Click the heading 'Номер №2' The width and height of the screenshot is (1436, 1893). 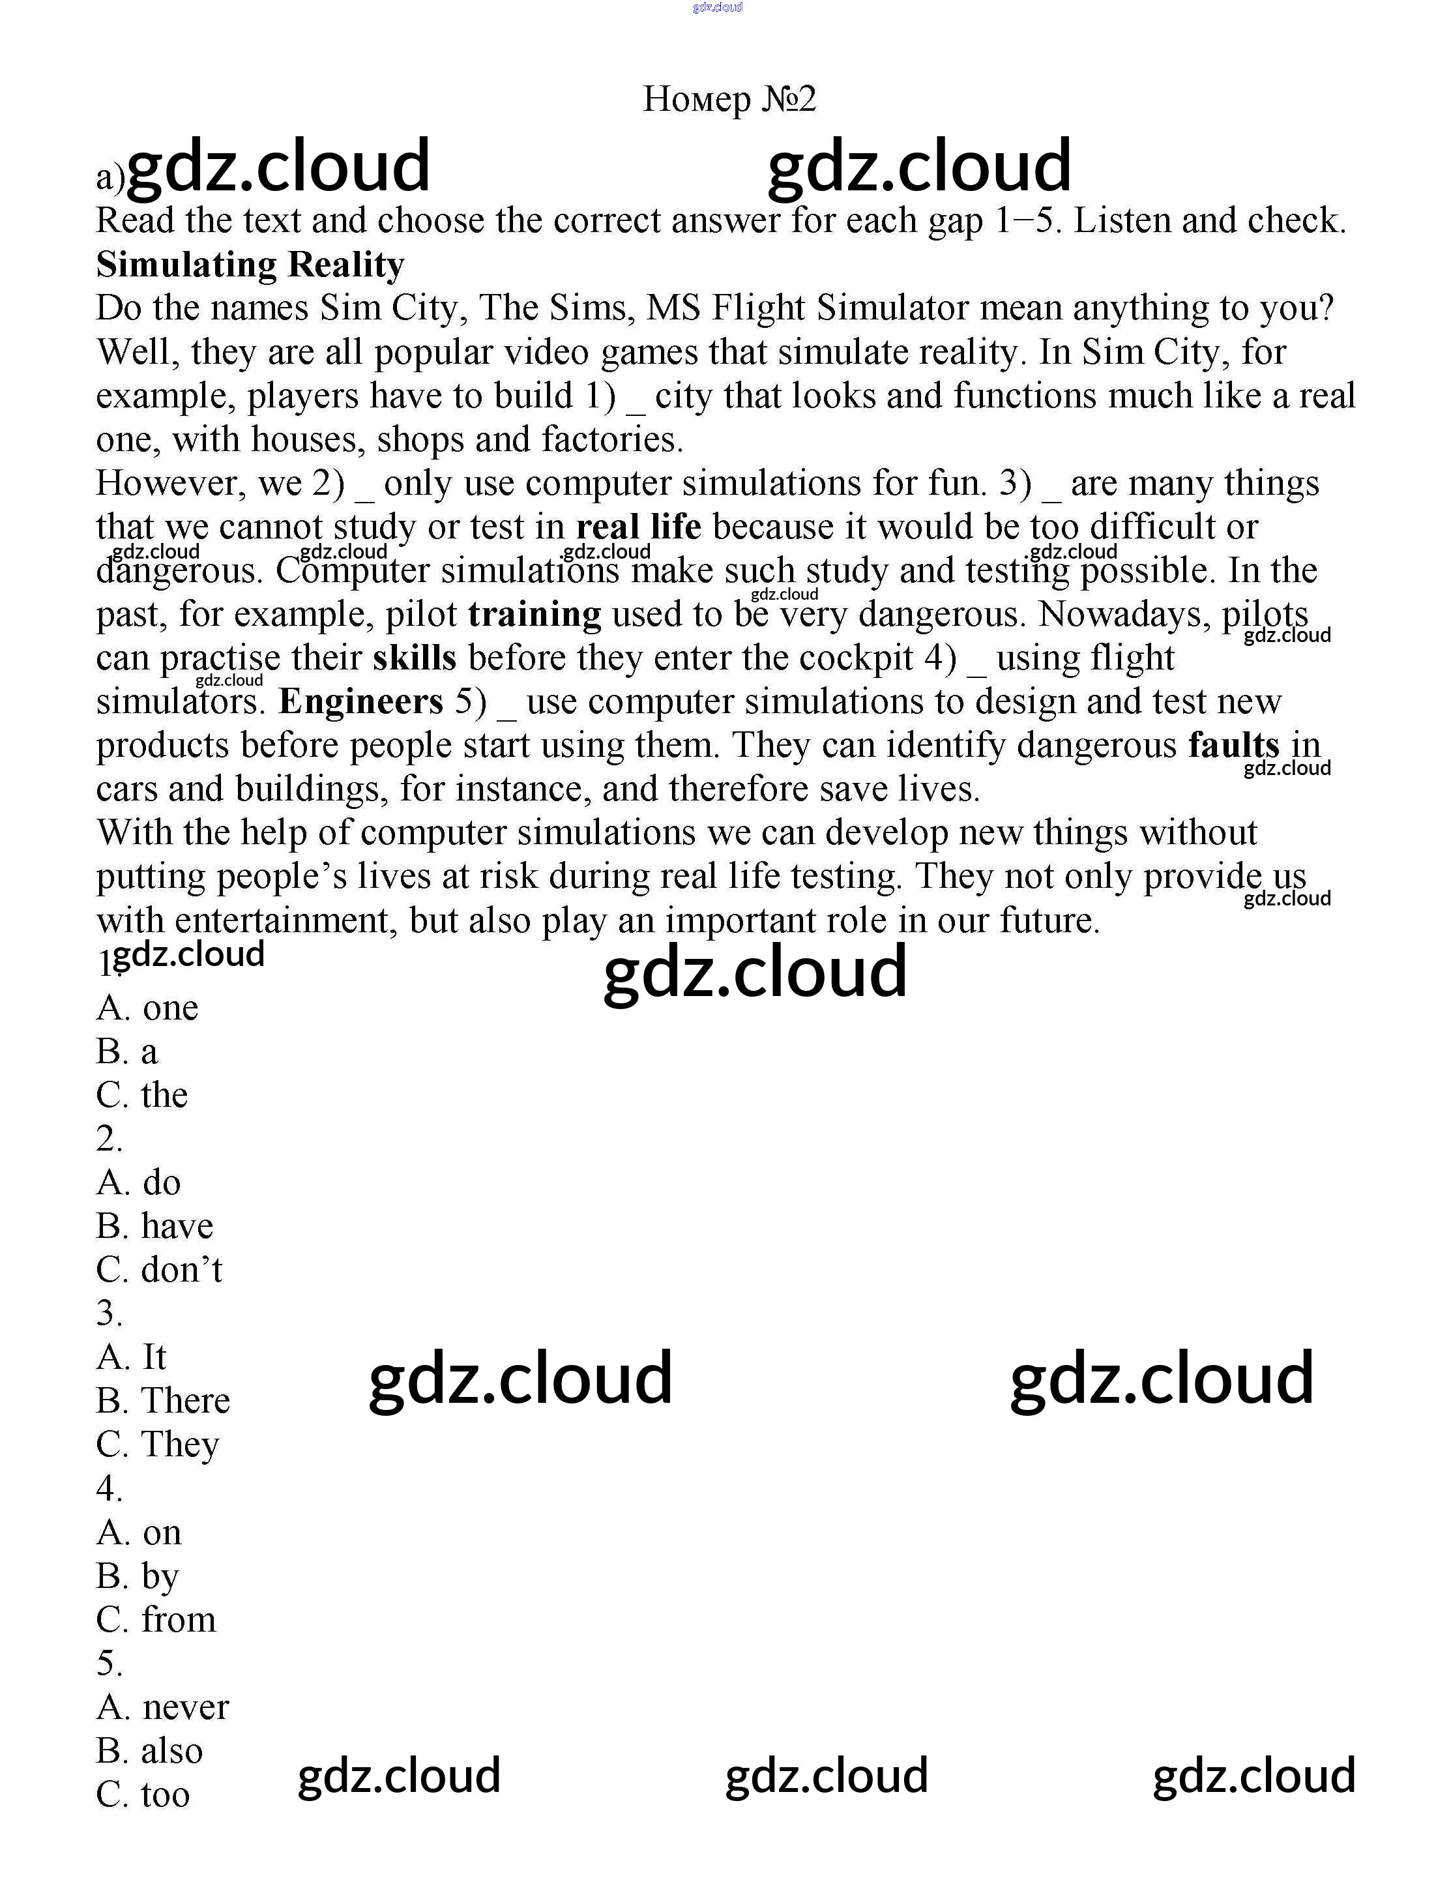pos(729,99)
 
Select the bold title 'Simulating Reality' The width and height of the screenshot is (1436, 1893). pos(250,265)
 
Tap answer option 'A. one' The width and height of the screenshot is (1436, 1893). pos(147,1008)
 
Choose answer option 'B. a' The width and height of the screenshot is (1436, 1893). pos(126,1051)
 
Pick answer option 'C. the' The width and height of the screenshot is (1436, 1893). pos(142,1095)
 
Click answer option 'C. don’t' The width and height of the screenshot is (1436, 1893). pos(159,1270)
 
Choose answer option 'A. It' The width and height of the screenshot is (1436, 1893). pos(131,1357)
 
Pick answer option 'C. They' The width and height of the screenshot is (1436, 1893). pos(158,1445)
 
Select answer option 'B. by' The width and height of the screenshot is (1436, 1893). pos(138,1576)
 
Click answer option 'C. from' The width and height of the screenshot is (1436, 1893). pos(156,1619)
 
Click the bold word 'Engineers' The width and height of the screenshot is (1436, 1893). pos(361,702)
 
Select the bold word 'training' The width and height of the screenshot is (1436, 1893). pos(535,615)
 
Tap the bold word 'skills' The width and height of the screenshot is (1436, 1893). pos(414,658)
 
